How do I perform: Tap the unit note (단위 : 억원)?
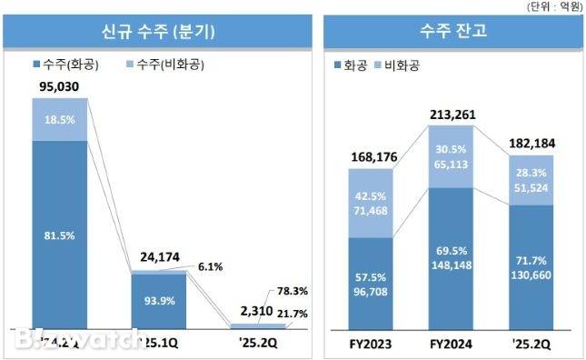553,6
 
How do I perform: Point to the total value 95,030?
59,87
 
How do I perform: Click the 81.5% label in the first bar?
59,233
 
